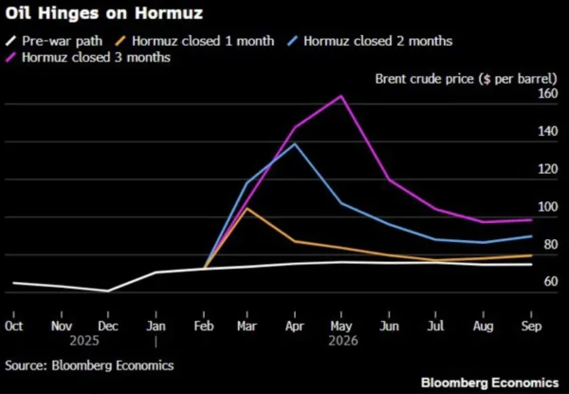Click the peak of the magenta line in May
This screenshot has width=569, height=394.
[x=340, y=96]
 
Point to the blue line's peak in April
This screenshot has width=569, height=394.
[x=295, y=143]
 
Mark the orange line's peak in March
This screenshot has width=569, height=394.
[x=248, y=208]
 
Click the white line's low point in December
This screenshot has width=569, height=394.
[x=108, y=291]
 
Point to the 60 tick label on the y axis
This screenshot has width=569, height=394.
[x=549, y=282]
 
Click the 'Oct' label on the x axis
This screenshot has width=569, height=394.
[x=14, y=325]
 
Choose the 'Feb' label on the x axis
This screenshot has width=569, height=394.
[x=201, y=325]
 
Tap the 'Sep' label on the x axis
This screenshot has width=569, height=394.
[x=527, y=325]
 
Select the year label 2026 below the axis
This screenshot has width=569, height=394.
[x=341, y=339]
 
